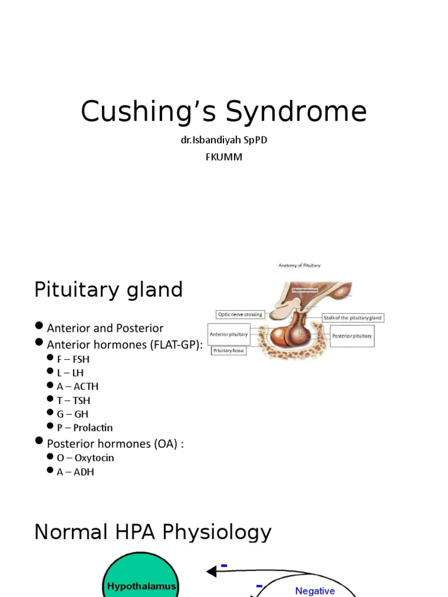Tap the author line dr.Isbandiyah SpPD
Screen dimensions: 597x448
coord(223,141)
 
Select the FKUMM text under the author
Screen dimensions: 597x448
coord(223,157)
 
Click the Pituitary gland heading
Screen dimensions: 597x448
coord(108,290)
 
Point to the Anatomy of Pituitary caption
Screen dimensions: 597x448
coord(299,265)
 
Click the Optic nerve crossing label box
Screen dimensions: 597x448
coord(240,314)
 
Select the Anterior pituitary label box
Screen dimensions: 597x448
coord(229,335)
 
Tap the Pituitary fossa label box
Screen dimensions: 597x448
coord(229,351)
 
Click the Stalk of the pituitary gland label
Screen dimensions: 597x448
coord(353,318)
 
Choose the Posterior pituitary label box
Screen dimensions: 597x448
coord(352,336)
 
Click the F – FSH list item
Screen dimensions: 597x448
coord(73,359)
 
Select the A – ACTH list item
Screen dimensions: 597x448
coord(78,386)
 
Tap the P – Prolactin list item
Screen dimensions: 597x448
coord(85,427)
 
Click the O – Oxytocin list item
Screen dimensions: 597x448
coord(85,458)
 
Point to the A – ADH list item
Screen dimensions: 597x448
coord(75,472)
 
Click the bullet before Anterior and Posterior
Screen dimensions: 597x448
coord(39,327)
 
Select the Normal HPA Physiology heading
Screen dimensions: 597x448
coord(153,532)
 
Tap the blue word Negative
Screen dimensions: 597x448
coord(315,591)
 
